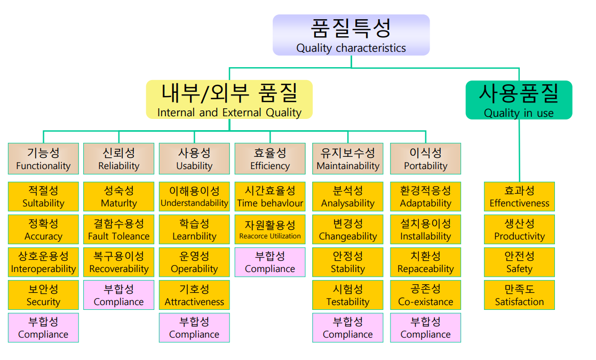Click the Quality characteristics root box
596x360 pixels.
click(x=351, y=35)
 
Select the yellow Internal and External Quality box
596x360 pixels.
click(x=229, y=100)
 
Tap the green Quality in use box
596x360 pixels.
click(x=519, y=100)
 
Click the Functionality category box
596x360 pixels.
click(x=43, y=159)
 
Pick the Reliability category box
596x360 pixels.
click(x=118, y=159)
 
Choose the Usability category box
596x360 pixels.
click(x=194, y=159)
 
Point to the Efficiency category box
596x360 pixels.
click(x=270, y=159)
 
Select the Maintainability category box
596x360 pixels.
click(x=348, y=159)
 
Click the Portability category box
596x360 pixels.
click(x=425, y=159)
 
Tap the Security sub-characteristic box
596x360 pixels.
click(x=43, y=295)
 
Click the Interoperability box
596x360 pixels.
click(x=43, y=262)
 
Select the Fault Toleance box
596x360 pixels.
click(x=118, y=229)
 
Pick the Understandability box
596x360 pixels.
click(x=194, y=197)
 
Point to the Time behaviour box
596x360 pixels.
click(x=270, y=197)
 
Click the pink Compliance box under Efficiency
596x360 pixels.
click(x=270, y=262)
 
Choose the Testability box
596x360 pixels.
click(x=348, y=295)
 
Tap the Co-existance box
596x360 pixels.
click(x=425, y=295)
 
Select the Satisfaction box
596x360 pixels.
click(x=519, y=295)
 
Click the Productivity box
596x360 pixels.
click(x=519, y=229)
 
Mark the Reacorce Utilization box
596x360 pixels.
click(x=270, y=229)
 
